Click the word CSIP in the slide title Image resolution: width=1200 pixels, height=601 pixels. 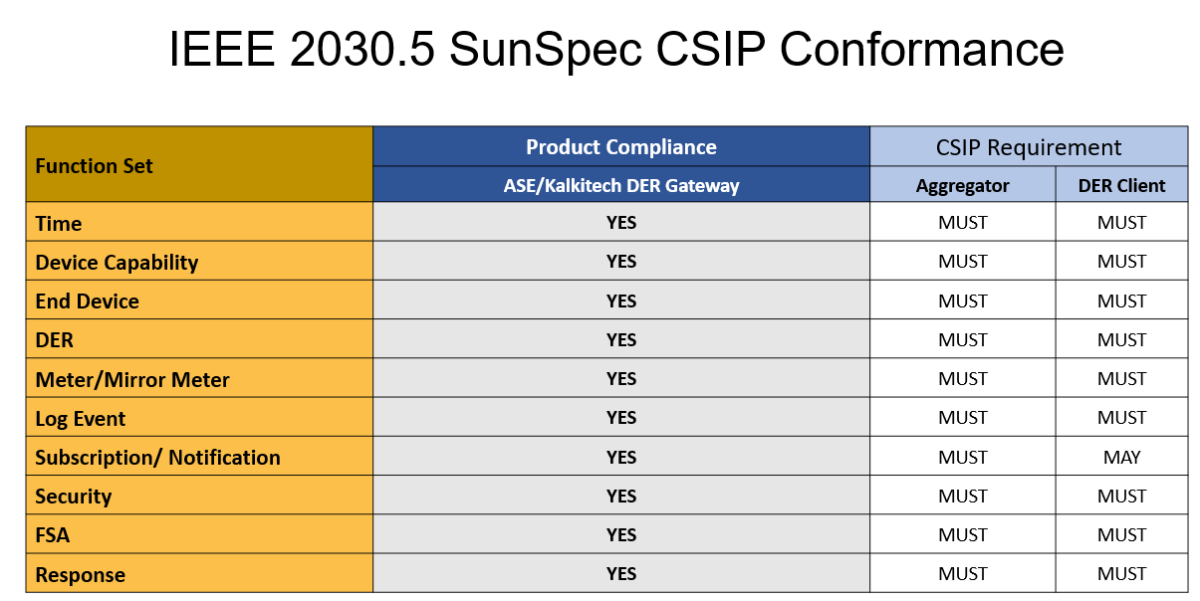(x=711, y=49)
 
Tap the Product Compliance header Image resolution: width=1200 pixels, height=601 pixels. (x=620, y=147)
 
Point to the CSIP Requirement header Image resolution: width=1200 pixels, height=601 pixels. (x=1029, y=147)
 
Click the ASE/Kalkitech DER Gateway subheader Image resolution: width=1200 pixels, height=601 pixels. (x=620, y=186)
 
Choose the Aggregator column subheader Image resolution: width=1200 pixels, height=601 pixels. (x=962, y=186)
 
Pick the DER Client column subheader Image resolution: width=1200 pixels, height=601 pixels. (x=1121, y=186)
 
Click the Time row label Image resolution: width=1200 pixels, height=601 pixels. (x=59, y=224)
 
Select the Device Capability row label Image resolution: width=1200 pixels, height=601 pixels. (x=117, y=263)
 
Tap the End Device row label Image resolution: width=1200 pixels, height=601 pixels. (x=88, y=301)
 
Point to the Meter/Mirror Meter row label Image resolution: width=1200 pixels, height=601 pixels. (x=132, y=380)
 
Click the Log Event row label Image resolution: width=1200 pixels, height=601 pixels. (x=81, y=419)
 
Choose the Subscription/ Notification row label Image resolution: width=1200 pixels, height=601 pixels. (x=158, y=458)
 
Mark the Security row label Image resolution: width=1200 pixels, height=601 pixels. (x=74, y=497)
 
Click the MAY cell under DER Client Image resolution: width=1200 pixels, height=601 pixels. (x=1121, y=458)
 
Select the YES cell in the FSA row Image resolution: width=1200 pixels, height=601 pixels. (x=621, y=535)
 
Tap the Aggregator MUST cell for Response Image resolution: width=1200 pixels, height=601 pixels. (x=963, y=574)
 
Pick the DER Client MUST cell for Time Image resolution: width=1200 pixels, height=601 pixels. (x=1121, y=223)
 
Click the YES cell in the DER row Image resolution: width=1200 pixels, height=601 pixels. (x=621, y=340)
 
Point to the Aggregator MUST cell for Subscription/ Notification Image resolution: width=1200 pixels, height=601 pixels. (x=963, y=458)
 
